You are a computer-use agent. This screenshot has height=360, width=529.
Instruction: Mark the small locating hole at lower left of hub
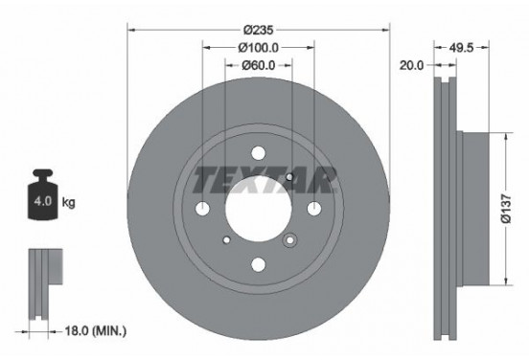coord(226,239)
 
